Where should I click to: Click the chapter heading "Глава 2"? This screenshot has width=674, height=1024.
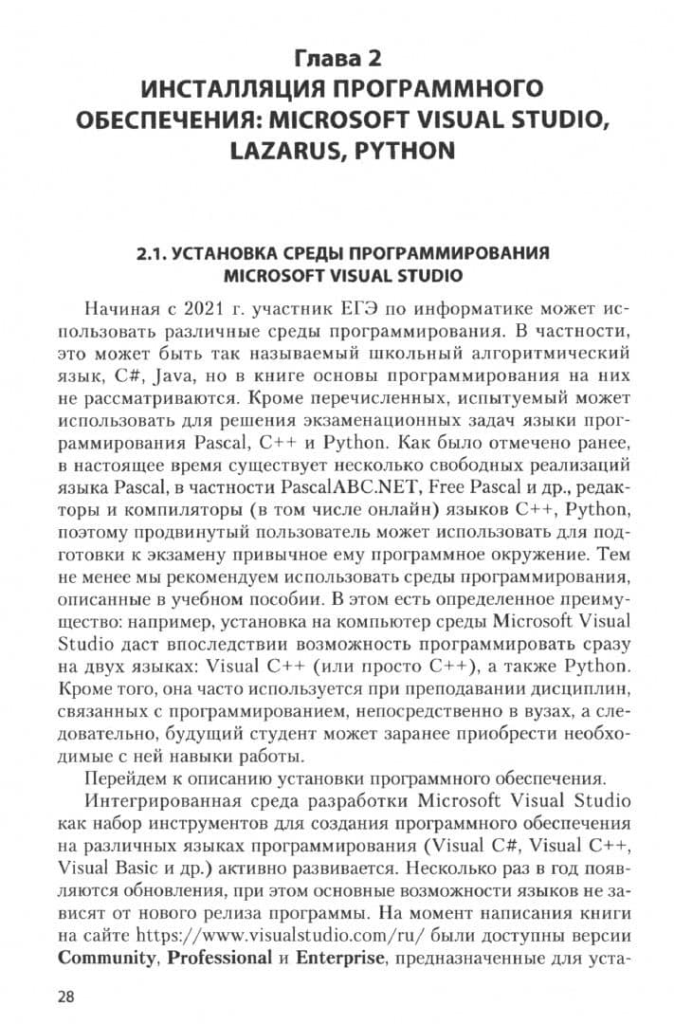point(338,59)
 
